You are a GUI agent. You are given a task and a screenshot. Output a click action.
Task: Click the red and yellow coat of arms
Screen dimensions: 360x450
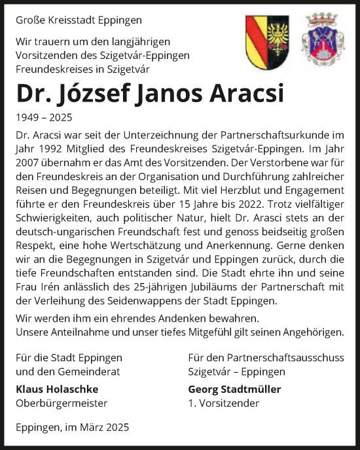262,41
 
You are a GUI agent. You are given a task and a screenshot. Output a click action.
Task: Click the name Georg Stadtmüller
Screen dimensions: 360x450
234,389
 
